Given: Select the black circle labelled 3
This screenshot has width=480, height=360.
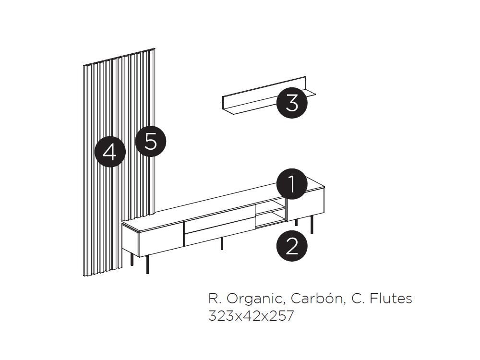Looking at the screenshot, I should click(x=292, y=103).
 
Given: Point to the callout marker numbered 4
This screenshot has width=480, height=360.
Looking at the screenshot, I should click(x=110, y=152).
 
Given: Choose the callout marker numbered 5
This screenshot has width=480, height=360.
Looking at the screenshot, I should click(x=151, y=142).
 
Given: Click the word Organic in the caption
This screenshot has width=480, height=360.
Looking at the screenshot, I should click(x=254, y=299).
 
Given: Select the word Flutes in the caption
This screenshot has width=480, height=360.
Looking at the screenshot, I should click(x=391, y=299).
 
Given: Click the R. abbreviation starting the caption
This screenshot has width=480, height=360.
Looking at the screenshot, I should click(x=214, y=299).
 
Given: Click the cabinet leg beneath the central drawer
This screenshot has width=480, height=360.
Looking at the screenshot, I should click(x=222, y=243).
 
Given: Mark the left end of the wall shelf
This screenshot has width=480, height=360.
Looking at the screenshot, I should click(x=224, y=103).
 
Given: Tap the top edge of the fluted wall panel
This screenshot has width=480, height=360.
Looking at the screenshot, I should click(x=120, y=56).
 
